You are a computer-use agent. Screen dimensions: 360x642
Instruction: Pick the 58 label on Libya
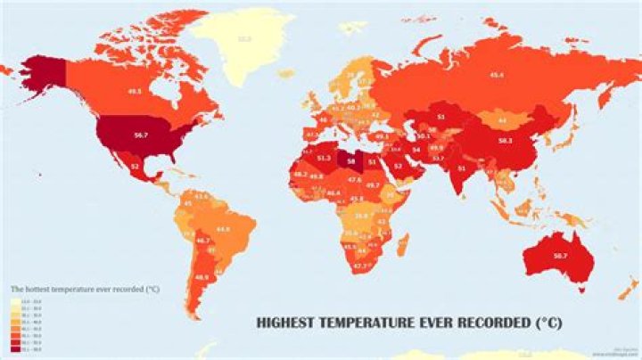[358, 163]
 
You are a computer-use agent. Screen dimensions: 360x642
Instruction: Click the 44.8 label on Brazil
[223, 229]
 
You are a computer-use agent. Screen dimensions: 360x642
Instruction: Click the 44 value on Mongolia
[501, 119]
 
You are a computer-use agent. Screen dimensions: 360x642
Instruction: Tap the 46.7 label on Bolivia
[202, 241]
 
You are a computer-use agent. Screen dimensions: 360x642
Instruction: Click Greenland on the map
[243, 39]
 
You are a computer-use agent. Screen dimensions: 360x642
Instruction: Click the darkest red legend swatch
[14, 350]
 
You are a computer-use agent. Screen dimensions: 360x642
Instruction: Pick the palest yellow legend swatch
[14, 304]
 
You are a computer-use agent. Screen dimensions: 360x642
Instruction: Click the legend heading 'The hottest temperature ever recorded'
[79, 290]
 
